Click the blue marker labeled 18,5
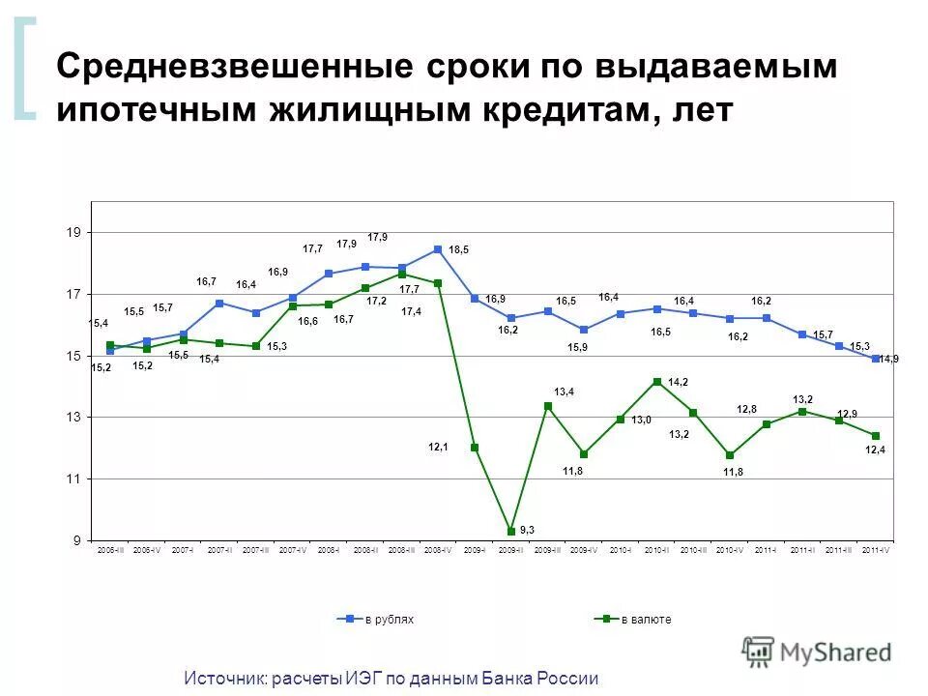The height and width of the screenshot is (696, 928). click(438, 249)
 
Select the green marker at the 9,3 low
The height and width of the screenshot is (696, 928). click(511, 531)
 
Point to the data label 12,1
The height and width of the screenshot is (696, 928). click(438, 447)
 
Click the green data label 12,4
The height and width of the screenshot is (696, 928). click(876, 450)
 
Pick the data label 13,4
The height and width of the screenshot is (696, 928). click(565, 391)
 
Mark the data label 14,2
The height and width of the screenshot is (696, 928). click(678, 382)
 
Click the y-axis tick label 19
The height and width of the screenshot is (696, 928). click(73, 233)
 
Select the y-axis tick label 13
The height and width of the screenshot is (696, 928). click(73, 418)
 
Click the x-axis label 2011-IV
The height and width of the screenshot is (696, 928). click(876, 550)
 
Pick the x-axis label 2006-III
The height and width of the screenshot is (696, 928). click(110, 550)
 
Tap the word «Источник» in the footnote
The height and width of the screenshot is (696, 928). click(226, 679)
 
